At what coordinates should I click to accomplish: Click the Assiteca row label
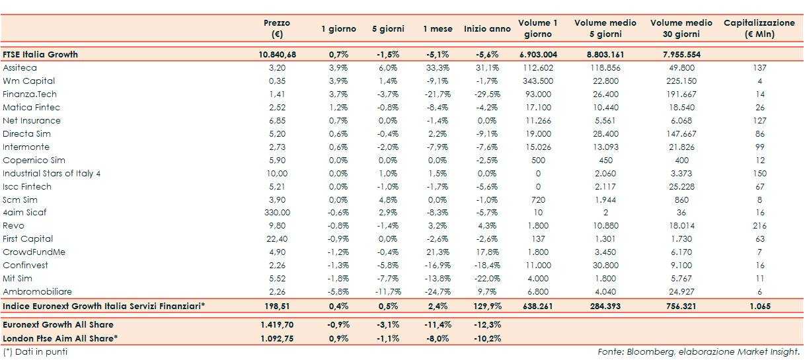coord(20,68)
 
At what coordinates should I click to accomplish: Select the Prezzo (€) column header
coord(276,28)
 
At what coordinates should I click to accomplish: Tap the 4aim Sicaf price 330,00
coord(276,213)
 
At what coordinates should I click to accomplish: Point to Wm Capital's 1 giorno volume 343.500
coord(537,81)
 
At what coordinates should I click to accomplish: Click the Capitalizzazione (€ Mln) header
coord(759,28)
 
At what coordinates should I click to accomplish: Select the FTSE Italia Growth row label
coord(40,55)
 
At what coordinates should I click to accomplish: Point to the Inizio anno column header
coord(487,29)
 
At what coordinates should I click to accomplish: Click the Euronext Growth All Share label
coord(58,325)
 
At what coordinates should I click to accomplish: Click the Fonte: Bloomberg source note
coord(699,352)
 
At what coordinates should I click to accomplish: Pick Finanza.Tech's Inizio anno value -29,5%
coord(487,94)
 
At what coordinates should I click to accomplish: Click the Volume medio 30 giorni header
coord(681,28)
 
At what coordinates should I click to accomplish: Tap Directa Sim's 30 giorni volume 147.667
coord(681,134)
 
